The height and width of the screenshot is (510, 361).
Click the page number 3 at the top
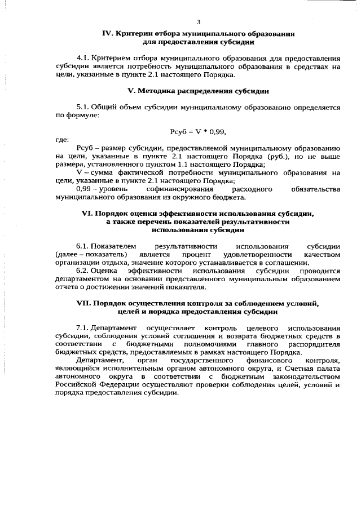pos(198,22)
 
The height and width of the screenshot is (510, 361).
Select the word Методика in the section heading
pos(159,90)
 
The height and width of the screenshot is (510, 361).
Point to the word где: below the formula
pos(62,139)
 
